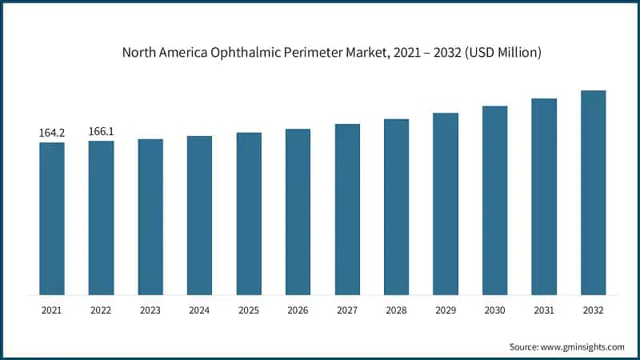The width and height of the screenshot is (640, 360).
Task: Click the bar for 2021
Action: tap(52, 218)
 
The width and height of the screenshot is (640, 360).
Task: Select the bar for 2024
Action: tap(200, 215)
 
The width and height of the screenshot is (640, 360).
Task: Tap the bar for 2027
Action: tap(347, 210)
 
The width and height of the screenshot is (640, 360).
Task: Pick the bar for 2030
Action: tap(495, 200)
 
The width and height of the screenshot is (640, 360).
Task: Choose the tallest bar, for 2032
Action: tap(593, 192)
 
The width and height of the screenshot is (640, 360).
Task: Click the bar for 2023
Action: tap(150, 217)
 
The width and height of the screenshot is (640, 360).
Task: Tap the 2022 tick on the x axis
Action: tap(101, 310)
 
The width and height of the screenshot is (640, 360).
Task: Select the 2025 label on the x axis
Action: tap(249, 310)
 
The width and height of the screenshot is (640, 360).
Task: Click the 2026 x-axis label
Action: tap(298, 310)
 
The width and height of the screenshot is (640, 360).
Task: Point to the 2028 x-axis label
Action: tap(396, 310)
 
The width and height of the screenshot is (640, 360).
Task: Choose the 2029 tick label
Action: tap(446, 310)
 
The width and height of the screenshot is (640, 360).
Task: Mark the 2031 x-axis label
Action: tap(544, 310)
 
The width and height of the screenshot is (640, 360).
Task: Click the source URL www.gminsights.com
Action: tap(583, 346)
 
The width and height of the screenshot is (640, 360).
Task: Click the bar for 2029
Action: tap(446, 204)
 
